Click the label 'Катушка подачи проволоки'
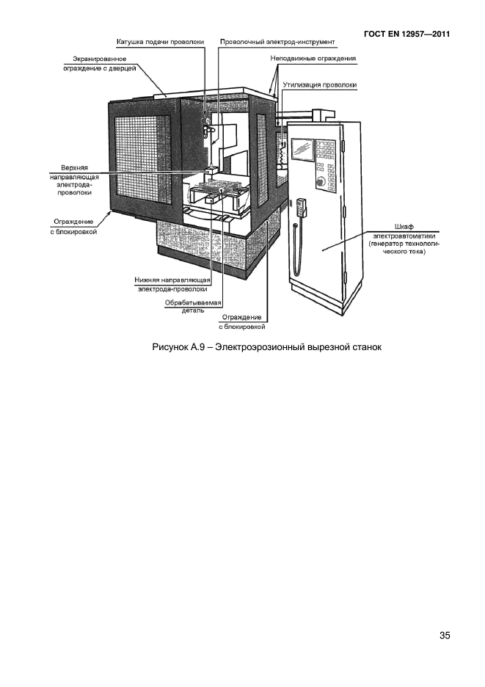coord(161,42)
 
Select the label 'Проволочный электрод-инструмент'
coord(277,42)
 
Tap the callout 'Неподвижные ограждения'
coord(313,58)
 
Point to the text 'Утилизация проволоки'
coord(319,85)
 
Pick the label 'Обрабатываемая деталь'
coord(193,307)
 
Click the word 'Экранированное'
coord(100,59)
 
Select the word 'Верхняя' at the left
coord(75,168)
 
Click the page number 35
coord(444,636)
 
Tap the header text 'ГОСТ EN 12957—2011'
coord(406,34)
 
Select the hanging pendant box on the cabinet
coord(301,207)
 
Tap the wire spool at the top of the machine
coord(205,120)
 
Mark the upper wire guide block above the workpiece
coord(211,168)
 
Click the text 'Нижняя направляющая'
coord(172,280)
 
